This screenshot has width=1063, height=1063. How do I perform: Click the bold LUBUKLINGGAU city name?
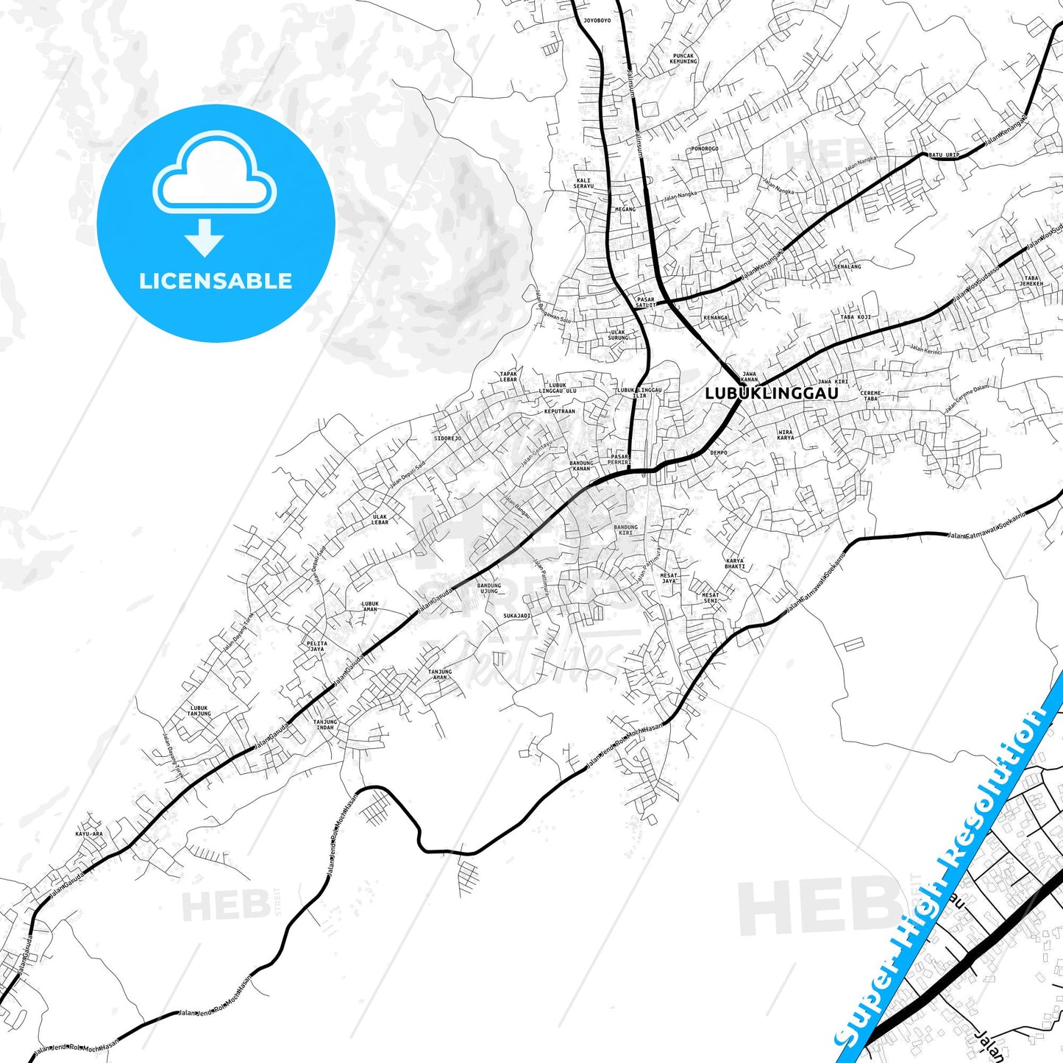(771, 394)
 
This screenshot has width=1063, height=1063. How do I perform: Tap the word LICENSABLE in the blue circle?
(216, 281)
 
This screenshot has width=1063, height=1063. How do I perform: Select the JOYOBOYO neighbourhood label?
(597, 21)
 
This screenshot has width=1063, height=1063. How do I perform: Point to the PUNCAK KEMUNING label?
(683, 58)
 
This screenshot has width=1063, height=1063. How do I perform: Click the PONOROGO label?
(704, 149)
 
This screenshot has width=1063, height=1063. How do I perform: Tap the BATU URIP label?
(944, 155)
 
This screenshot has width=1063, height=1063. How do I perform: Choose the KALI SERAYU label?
(583, 183)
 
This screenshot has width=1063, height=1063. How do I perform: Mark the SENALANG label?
(847, 266)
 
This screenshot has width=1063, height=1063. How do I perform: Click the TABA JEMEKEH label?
(1031, 281)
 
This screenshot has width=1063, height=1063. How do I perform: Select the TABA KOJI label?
(856, 317)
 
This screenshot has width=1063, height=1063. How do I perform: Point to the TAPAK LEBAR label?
(508, 377)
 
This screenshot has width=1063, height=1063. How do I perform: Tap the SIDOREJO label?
(447, 438)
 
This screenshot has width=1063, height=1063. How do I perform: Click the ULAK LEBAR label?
(380, 519)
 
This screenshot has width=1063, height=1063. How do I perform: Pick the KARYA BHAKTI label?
(734, 564)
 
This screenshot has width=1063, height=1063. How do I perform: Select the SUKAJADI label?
(516, 616)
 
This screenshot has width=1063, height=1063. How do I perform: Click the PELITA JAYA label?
(317, 647)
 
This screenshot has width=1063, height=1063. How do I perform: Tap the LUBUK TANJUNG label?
(199, 711)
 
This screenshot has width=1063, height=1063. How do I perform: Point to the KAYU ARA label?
(88, 834)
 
